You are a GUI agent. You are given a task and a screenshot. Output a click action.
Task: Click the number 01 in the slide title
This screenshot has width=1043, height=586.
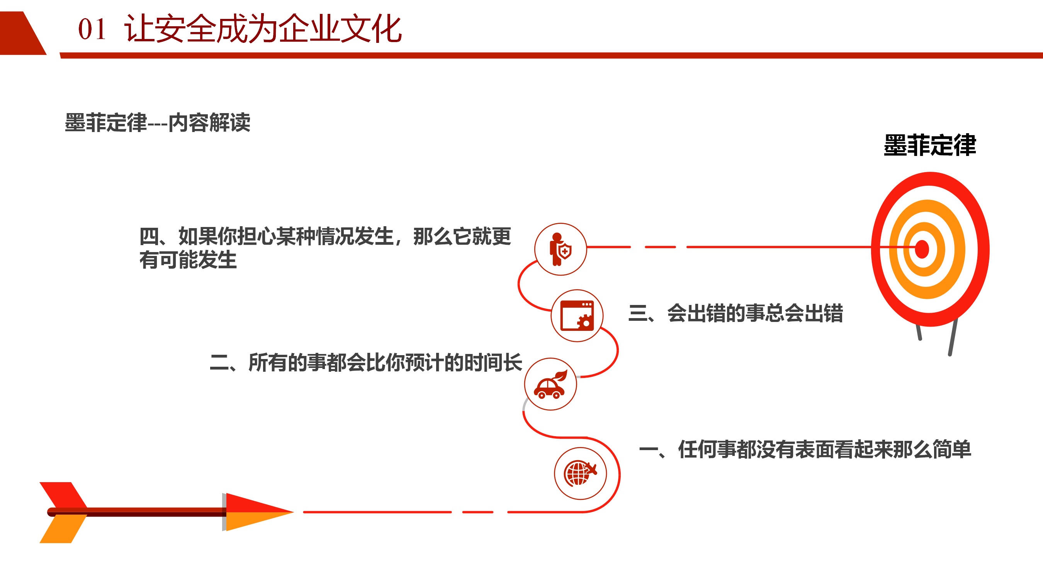(92, 29)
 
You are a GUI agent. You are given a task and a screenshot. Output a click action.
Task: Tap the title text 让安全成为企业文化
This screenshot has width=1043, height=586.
(263, 29)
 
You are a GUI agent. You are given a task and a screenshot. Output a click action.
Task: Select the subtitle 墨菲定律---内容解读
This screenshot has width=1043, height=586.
(158, 123)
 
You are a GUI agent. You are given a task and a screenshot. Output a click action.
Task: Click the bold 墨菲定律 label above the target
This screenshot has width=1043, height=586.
(930, 145)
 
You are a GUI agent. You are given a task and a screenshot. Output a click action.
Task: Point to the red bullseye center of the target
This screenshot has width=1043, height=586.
(922, 249)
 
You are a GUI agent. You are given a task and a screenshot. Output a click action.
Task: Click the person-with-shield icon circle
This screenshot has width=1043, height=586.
(561, 249)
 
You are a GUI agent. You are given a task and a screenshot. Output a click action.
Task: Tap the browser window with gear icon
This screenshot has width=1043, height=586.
(577, 316)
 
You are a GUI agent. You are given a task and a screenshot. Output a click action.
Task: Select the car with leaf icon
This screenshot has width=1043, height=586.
(550, 384)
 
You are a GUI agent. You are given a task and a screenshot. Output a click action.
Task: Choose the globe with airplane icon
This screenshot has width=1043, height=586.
(580, 474)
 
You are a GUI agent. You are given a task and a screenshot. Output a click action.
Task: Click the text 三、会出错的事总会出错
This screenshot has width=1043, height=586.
(735, 313)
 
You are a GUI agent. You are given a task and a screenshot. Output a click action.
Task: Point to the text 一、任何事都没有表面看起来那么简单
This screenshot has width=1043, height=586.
(805, 449)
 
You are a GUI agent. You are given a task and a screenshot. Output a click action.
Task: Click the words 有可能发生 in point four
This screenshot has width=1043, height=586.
(188, 260)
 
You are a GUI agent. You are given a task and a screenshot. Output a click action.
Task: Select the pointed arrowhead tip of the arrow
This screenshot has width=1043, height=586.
(294, 512)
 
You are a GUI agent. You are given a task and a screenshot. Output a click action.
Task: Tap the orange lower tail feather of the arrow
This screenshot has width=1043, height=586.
(64, 529)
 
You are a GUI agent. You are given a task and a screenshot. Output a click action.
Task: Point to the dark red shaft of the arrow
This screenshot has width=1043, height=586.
(136, 512)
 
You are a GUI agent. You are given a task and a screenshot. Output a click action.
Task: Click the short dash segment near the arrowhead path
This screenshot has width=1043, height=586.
(478, 512)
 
